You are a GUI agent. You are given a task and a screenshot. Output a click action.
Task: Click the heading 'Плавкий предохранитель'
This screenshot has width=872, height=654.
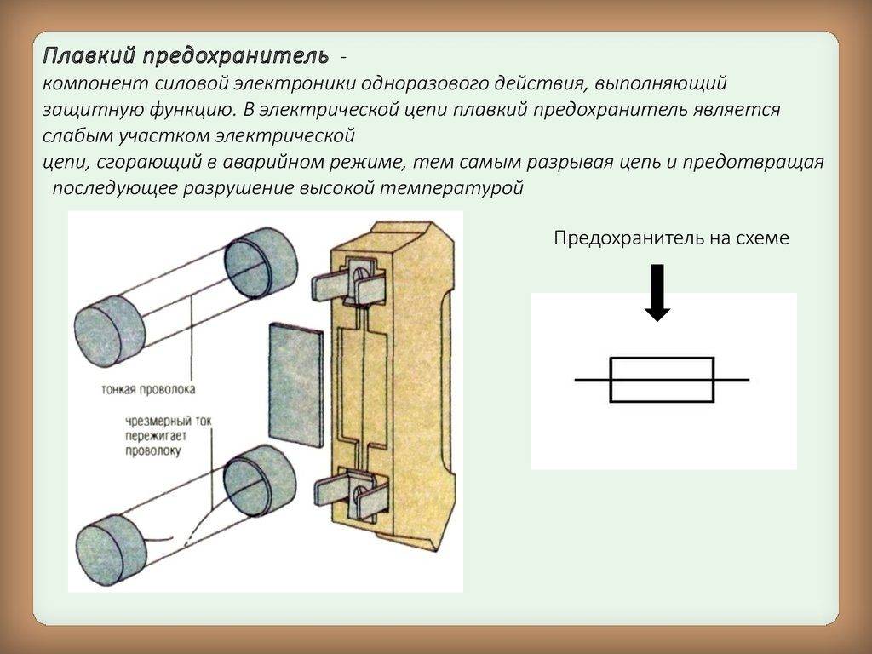(x=186, y=57)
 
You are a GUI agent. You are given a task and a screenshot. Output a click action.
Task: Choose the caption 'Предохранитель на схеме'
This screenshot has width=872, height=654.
(x=671, y=238)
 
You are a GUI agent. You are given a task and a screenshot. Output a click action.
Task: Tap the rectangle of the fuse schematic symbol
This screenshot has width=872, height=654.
(x=662, y=379)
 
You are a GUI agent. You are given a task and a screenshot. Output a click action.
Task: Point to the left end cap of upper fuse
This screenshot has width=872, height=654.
(x=110, y=331)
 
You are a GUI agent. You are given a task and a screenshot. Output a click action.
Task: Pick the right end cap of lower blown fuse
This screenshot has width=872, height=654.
(x=260, y=475)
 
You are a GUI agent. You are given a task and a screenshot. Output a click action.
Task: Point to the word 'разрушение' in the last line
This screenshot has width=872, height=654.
(x=232, y=188)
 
